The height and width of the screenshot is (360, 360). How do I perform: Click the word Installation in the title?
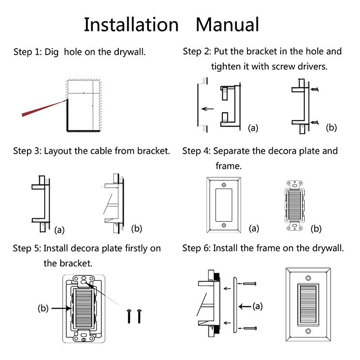coord(131,24)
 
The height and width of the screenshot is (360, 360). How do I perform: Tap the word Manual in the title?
coord(227,24)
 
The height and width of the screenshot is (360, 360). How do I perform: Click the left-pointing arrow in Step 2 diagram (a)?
coord(207,108)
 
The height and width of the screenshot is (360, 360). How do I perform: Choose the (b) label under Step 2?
coord(331,127)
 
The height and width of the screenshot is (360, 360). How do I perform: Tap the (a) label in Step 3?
coord(59,230)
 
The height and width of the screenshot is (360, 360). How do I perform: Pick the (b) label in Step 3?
coord(136,228)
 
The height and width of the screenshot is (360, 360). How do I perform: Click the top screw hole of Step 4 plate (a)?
coord(224,185)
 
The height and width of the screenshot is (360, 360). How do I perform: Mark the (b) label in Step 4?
coord(316,229)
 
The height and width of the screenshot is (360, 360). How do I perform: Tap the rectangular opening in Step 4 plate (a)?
coord(224,205)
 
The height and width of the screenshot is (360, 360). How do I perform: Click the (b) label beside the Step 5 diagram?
coord(43,309)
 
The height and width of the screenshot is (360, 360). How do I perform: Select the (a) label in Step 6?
coord(257,306)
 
